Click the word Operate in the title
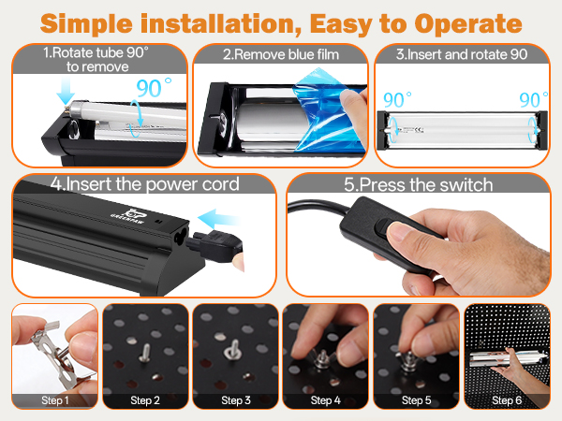[468, 24]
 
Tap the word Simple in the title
[86, 24]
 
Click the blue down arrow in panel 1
[66, 91]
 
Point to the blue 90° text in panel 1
[154, 88]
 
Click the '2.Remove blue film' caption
[281, 54]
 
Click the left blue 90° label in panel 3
[397, 99]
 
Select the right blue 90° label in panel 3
[534, 99]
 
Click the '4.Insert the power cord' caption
[144, 184]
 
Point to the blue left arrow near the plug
[218, 218]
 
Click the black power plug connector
[215, 244]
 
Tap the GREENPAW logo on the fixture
[127, 215]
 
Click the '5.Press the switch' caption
[419, 184]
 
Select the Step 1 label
[55, 400]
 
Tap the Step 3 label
[236, 400]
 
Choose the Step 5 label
[416, 400]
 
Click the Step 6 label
[507, 400]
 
